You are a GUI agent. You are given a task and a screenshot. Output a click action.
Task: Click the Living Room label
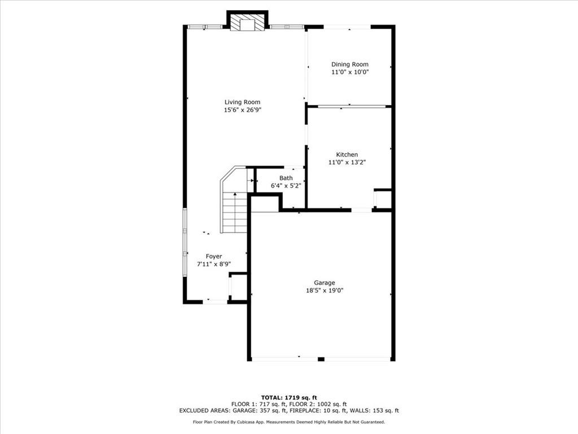[x=242, y=102]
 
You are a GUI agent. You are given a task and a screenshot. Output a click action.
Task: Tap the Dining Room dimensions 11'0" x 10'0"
[x=349, y=72]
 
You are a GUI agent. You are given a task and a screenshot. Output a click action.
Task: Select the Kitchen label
[x=347, y=154]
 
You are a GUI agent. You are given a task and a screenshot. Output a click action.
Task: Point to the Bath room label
[x=286, y=178]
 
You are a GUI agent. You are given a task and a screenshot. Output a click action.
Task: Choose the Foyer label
[x=213, y=256]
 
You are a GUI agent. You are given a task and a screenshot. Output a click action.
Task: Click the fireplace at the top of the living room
[x=247, y=22]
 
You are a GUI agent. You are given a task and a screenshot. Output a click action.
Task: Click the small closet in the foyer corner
[x=239, y=287]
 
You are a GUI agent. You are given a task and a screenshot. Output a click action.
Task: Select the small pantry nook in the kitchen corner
[x=383, y=199]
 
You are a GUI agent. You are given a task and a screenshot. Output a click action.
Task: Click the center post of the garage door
[x=321, y=359]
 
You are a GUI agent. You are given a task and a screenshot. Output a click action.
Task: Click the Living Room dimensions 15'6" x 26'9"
[x=242, y=110]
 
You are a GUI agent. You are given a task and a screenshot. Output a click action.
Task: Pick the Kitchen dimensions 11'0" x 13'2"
[x=347, y=162]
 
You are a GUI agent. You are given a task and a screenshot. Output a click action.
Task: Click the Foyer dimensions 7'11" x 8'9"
[x=213, y=264]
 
